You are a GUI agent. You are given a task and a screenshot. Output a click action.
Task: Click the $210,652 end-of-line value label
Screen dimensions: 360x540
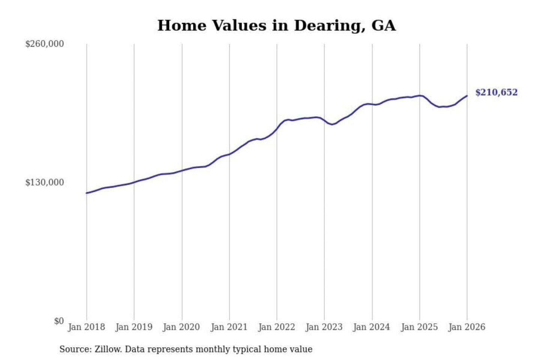496,92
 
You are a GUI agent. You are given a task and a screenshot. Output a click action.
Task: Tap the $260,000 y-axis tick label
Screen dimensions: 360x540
44,44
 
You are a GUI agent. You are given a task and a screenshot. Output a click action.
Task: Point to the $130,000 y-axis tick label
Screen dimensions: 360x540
44,182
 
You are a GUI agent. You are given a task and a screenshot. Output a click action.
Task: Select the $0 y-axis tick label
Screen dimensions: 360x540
58,321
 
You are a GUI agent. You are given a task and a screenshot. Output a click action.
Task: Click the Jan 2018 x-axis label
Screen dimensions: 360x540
86,327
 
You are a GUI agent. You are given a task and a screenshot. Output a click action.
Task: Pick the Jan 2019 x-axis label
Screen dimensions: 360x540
134,327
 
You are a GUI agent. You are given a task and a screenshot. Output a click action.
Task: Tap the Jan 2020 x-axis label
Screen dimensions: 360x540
181,327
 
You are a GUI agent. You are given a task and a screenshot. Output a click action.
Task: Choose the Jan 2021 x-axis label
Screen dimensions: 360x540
229,327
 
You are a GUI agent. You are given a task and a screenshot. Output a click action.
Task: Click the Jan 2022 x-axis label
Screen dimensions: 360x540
277,327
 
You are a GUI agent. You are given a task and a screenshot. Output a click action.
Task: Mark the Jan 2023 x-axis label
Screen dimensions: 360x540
324,327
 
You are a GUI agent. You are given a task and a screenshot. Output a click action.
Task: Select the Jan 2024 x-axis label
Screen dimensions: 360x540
372,327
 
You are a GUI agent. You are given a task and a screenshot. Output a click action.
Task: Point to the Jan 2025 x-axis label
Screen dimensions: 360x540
419,327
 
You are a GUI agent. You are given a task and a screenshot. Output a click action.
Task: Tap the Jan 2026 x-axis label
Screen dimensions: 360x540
467,327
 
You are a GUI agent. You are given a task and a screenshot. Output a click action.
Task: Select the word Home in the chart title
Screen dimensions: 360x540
182,25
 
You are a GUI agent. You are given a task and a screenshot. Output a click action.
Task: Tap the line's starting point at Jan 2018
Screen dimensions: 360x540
87,193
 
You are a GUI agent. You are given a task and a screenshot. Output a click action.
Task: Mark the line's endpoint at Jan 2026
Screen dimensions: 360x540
467,96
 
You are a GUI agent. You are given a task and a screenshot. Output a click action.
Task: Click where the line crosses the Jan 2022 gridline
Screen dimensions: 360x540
277,129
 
